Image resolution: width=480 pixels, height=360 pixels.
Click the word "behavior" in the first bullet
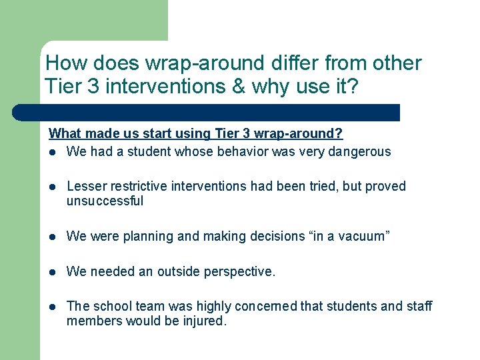(199, 152)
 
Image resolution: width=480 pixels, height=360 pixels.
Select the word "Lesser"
(87, 187)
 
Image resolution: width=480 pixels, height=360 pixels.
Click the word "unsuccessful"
(105, 201)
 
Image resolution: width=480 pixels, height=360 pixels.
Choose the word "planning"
(140, 237)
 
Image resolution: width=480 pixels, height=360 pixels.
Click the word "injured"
(204, 321)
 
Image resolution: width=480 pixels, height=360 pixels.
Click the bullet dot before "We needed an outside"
(53, 272)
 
